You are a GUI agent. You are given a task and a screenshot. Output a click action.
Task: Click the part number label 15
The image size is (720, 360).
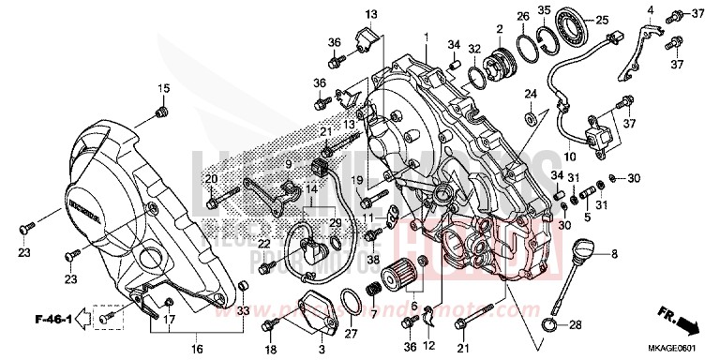tap(162, 89)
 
